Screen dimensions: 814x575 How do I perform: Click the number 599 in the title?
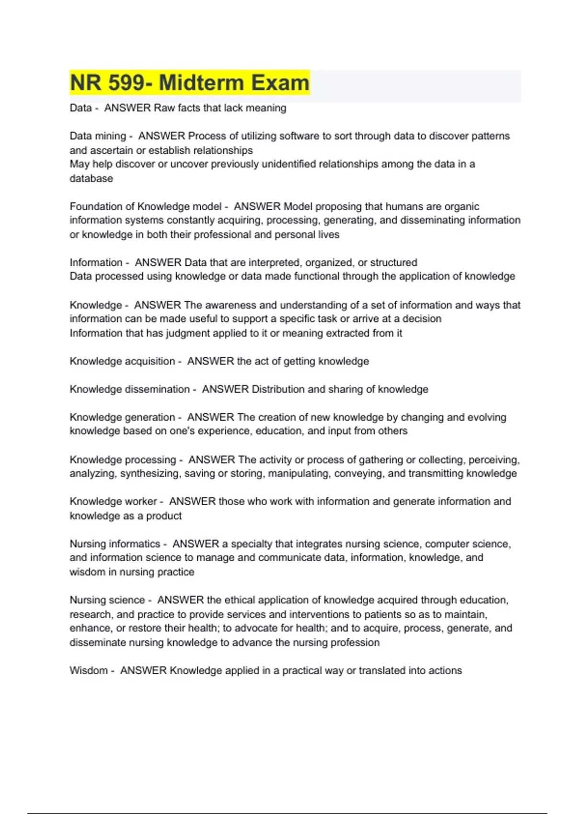click(x=126, y=83)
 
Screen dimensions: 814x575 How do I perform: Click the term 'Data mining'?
click(x=98, y=136)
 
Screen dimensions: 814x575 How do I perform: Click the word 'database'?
click(x=91, y=179)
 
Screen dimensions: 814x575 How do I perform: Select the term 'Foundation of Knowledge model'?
click(x=145, y=206)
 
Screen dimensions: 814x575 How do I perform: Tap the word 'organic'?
click(x=461, y=206)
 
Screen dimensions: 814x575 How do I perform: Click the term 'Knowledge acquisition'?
click(x=122, y=361)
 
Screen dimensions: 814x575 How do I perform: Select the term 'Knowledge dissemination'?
click(x=129, y=389)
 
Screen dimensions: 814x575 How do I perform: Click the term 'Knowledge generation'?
click(x=122, y=417)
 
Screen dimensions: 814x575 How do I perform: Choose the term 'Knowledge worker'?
click(x=113, y=501)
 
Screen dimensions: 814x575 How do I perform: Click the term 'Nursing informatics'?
click(x=115, y=544)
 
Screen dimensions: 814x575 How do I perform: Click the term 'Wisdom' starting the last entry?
click(x=89, y=670)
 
